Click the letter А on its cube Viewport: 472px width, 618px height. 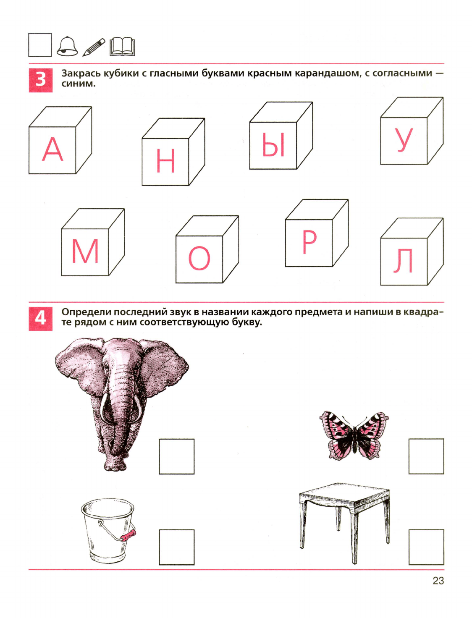click(52, 149)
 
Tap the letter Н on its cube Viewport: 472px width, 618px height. click(165, 160)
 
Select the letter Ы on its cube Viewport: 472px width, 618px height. click(273, 145)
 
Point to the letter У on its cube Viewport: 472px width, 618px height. click(404, 140)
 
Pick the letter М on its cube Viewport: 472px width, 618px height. click(85, 251)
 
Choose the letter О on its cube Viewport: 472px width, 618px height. click(199, 258)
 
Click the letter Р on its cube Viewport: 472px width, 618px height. click(309, 242)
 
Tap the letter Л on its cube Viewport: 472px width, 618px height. click(403, 261)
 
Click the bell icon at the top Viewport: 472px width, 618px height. click(67, 47)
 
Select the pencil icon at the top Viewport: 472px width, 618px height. click(94, 47)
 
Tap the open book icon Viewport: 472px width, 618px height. click(122, 46)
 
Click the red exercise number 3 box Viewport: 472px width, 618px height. click(41, 80)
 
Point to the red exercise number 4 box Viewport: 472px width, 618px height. click(41, 318)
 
